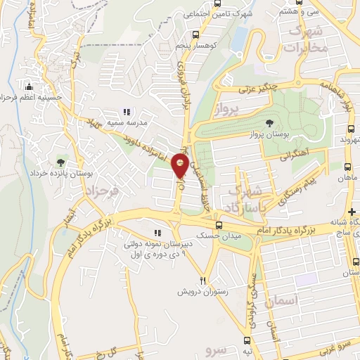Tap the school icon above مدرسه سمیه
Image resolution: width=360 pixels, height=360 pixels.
tap(127, 111)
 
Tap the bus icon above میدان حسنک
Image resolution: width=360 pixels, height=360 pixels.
tap(220, 226)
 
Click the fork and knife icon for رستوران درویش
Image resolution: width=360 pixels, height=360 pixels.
tap(204, 278)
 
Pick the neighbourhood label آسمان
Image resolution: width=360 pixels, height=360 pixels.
tap(289, 300)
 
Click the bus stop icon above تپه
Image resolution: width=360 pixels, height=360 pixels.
tap(247, 338)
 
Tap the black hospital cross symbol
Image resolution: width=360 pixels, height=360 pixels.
tap(352, 212)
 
